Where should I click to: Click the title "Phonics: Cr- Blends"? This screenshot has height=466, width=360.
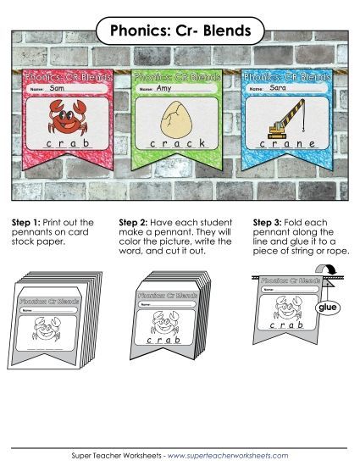180,31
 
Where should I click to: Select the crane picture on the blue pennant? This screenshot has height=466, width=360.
287,120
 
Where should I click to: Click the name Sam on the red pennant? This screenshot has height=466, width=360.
58,88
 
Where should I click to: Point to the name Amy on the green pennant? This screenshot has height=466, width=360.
164,88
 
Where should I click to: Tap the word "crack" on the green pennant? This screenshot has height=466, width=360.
177,145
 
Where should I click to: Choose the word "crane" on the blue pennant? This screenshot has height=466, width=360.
288,145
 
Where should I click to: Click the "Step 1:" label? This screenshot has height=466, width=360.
28,223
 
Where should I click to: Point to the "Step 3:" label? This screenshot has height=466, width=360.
269,223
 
